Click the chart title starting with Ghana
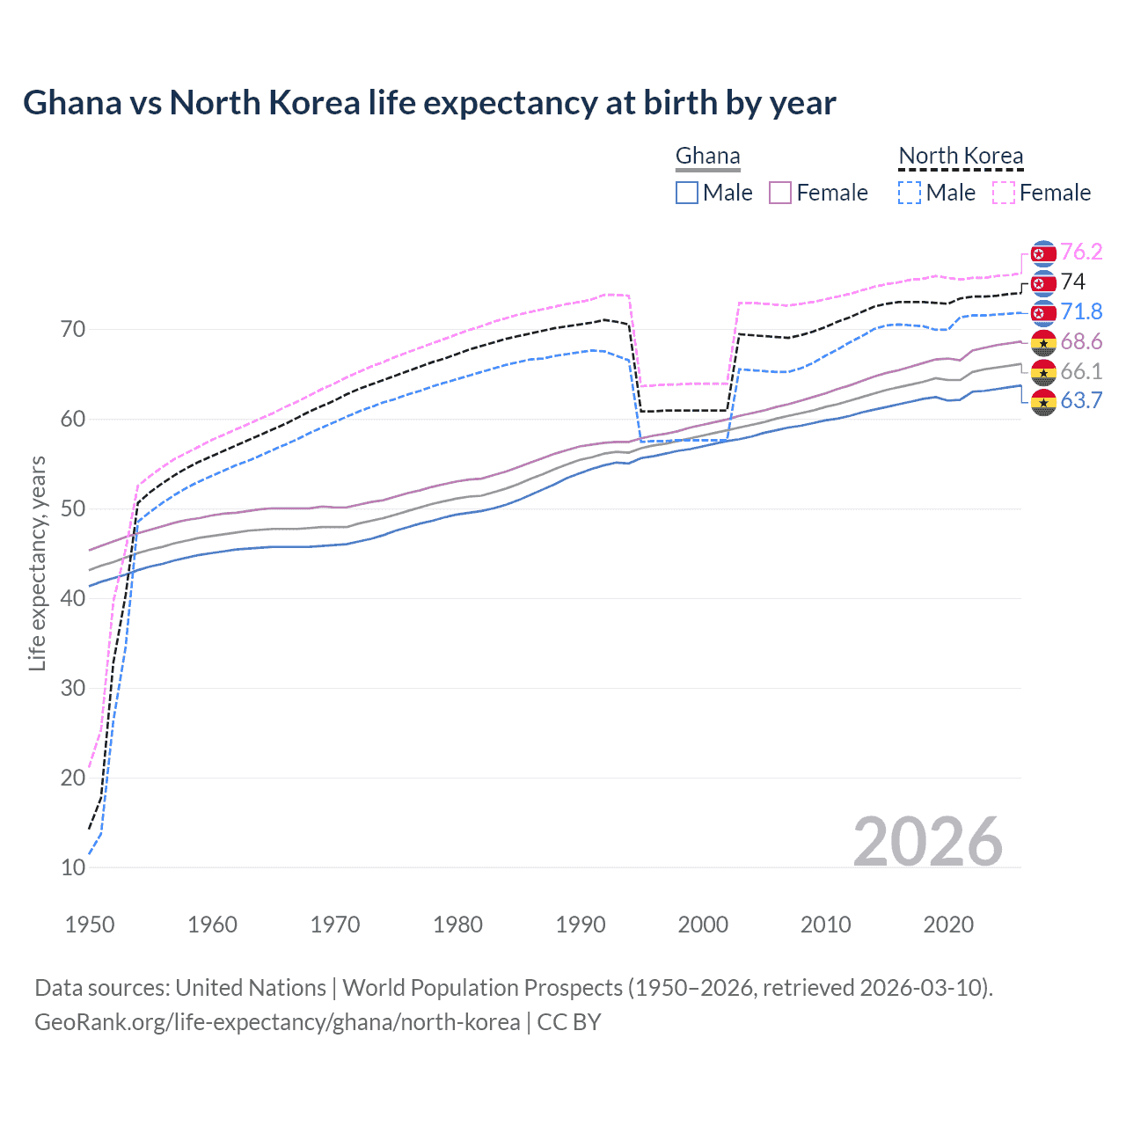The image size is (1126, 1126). [429, 103]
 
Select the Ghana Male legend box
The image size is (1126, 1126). [687, 193]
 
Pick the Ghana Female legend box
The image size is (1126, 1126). [780, 193]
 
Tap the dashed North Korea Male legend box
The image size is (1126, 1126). [910, 193]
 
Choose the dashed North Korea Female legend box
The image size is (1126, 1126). [1003, 193]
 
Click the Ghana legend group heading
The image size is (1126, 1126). [708, 157]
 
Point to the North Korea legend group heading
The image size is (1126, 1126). [961, 157]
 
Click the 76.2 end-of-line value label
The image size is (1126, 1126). [1081, 252]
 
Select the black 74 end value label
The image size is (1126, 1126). [1073, 281]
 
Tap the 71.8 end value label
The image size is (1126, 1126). [1081, 311]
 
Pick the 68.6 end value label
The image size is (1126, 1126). [1081, 341]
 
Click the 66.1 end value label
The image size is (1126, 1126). [1081, 371]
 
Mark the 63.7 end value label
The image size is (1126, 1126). [1081, 401]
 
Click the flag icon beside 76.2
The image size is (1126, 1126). [1043, 253]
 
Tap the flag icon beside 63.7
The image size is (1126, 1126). [1043, 403]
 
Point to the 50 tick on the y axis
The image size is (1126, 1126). [73, 508]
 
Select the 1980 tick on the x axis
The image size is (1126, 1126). [457, 925]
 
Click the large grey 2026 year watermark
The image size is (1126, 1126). [927, 842]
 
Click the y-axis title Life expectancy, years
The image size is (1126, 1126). [37, 563]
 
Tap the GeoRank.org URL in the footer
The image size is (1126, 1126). [277, 1022]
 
